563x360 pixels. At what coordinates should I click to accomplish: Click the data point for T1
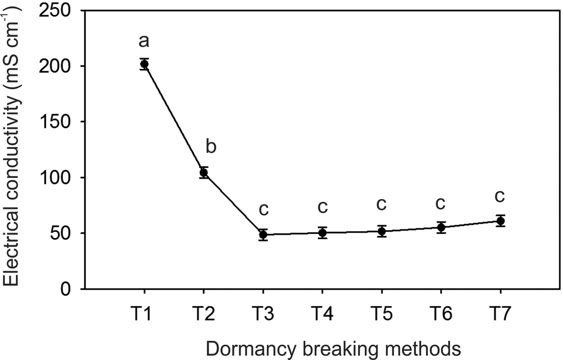(144, 64)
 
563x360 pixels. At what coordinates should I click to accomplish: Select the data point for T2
(203, 173)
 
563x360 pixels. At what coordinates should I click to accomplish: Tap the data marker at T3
(263, 235)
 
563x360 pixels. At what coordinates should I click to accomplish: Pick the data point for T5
(382, 231)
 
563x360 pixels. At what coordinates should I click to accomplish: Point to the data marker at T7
(500, 221)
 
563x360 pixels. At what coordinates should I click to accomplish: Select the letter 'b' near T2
(211, 147)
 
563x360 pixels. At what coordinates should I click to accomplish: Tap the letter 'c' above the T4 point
(323, 207)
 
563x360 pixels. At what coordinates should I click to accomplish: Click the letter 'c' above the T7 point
(499, 196)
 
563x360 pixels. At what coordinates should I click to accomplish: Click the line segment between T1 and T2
(174, 118)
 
